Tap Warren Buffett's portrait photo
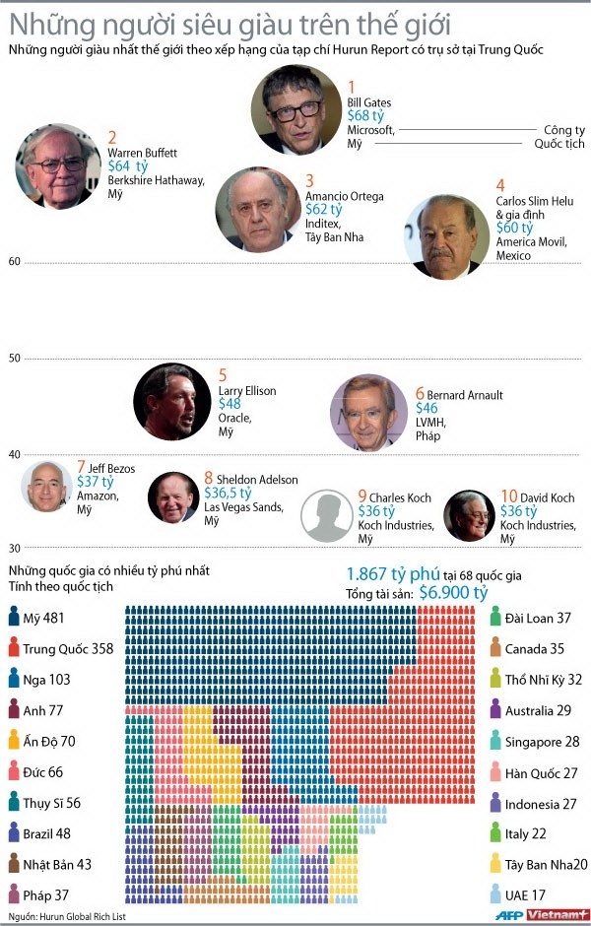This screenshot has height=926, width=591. (58, 165)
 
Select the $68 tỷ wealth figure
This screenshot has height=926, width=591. (366, 116)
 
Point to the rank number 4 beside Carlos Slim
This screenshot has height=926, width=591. (500, 185)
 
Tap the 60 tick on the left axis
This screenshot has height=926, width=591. (14, 261)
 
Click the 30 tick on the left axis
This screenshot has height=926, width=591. (14, 548)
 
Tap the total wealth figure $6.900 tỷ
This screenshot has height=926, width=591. (453, 592)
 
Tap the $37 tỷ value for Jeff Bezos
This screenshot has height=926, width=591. (95, 483)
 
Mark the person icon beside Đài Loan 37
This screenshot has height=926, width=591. (494, 618)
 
